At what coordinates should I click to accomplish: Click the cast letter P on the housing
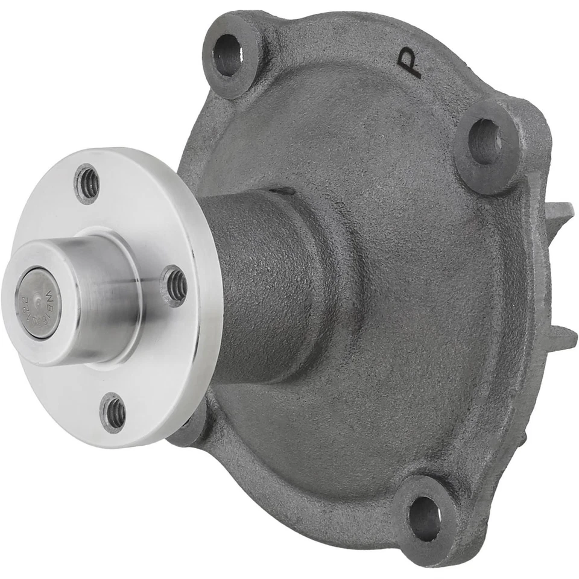pos(411,63)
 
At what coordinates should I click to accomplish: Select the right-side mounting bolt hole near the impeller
pos(486,141)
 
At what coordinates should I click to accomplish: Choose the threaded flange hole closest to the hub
pos(174,285)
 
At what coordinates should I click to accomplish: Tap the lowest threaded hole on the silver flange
pos(113,413)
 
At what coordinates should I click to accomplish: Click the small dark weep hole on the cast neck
pos(282,192)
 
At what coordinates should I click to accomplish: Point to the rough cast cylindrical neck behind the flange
pos(265,283)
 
